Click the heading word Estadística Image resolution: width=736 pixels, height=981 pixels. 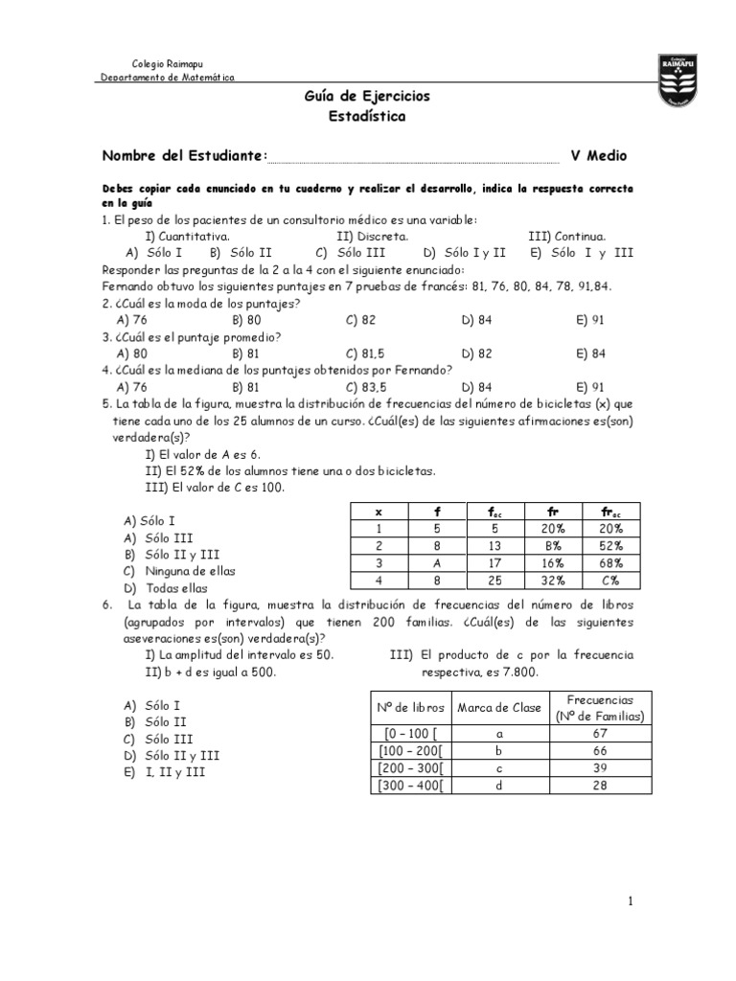click(x=367, y=117)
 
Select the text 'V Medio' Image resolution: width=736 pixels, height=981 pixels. click(x=599, y=155)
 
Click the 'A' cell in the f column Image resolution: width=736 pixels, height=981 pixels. click(x=437, y=563)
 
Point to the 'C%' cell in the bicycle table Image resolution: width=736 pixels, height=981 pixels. click(x=612, y=581)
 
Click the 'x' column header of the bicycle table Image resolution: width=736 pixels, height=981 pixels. click(x=379, y=513)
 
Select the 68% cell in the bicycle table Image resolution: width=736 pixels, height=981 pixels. click(x=612, y=563)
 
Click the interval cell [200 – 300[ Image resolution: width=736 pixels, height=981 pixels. click(x=406, y=768)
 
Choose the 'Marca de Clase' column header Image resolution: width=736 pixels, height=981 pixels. click(x=499, y=707)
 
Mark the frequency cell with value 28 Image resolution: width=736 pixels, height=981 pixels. click(x=600, y=786)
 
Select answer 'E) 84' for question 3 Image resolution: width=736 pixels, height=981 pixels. click(x=590, y=353)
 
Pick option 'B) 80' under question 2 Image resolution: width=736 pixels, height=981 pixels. click(x=246, y=319)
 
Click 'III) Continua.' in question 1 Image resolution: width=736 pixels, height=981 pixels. click(x=566, y=236)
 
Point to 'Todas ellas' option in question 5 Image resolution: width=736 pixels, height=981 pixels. click(x=170, y=588)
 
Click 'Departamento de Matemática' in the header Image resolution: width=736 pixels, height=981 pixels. click(x=168, y=78)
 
